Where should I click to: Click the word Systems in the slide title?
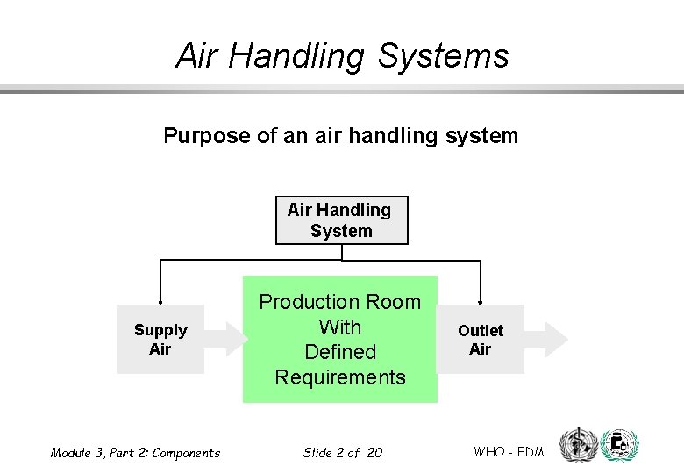(x=444, y=56)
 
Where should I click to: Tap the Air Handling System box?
(x=341, y=220)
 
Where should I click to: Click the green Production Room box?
(x=339, y=340)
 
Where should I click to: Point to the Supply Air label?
(x=160, y=340)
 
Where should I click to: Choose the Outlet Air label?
(x=481, y=340)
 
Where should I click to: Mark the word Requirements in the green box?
(x=340, y=377)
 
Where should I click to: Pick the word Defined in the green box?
(x=340, y=352)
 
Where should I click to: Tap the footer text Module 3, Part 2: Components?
(x=135, y=453)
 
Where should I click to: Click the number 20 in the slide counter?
(x=374, y=453)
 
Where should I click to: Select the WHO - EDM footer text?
(x=509, y=452)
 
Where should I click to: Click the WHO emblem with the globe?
(x=578, y=445)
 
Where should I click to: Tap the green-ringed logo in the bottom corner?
(x=621, y=446)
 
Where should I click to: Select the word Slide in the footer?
(x=317, y=453)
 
